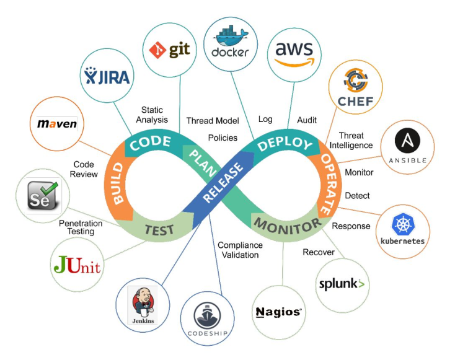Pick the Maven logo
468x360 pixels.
(x=57, y=123)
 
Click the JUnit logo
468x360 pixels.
(x=77, y=267)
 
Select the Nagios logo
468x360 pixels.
(x=279, y=312)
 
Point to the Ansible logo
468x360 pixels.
(x=408, y=147)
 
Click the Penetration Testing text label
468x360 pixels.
(x=76, y=227)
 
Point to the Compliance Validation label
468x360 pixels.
(x=240, y=250)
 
